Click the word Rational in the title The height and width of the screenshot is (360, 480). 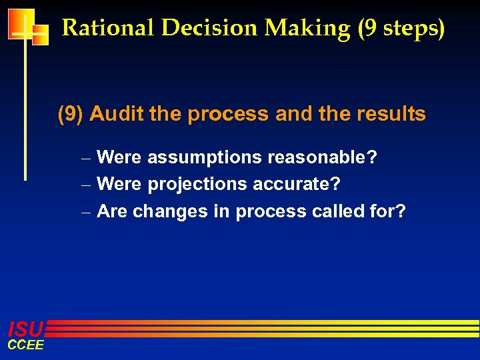coord(109,28)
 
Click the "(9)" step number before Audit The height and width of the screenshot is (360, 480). coord(71,115)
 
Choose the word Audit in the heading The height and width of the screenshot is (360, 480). coord(117,114)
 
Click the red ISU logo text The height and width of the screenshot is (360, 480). coord(25,328)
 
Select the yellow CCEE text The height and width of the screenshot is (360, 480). coord(25,345)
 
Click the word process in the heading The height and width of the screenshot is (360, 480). coord(227,115)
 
